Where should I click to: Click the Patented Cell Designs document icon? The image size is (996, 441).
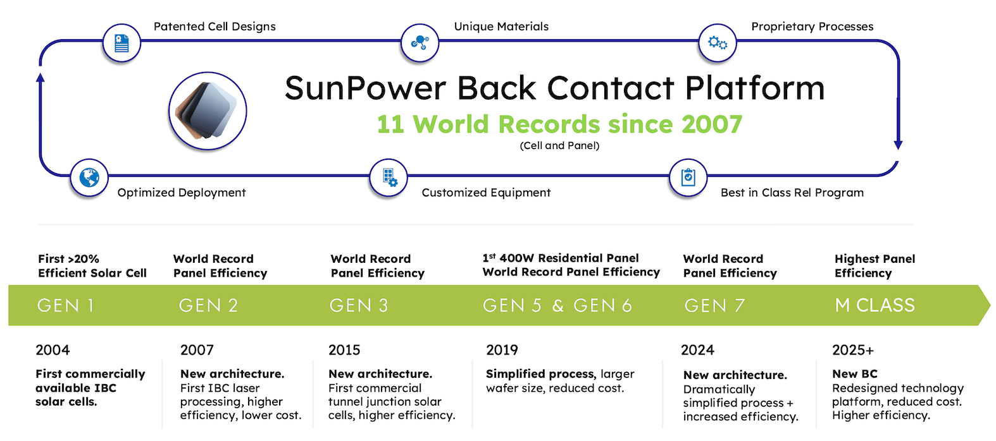121,43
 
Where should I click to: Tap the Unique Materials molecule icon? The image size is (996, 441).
420,42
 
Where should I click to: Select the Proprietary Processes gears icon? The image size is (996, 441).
718,42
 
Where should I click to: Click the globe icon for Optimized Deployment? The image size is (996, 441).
89,178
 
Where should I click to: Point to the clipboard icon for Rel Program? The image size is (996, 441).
688,178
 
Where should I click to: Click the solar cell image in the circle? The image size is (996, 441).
206,111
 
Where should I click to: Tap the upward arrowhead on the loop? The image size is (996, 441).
40,78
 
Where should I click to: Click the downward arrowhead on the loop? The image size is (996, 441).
898,145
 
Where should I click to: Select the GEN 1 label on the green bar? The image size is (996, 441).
66,306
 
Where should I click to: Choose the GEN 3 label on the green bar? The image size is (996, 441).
359,306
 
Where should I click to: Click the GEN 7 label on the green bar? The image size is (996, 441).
714,306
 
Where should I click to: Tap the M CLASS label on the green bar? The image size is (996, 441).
875,305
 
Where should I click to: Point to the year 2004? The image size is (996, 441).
53,350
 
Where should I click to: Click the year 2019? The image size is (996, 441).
502,350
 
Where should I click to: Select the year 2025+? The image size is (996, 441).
853,350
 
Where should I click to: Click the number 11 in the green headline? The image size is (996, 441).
390,124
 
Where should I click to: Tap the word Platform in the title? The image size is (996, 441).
754,88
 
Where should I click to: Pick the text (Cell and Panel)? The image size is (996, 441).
559,146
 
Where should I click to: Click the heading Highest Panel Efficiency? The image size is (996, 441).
875,265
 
